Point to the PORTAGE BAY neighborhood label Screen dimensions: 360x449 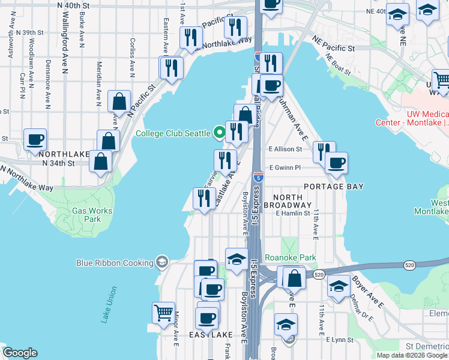pos(334,187)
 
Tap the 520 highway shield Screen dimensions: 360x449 pos(319,274)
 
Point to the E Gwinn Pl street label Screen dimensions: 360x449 pos(285,168)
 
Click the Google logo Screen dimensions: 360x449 pos(20,353)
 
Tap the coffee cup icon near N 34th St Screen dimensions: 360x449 pos(34,139)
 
